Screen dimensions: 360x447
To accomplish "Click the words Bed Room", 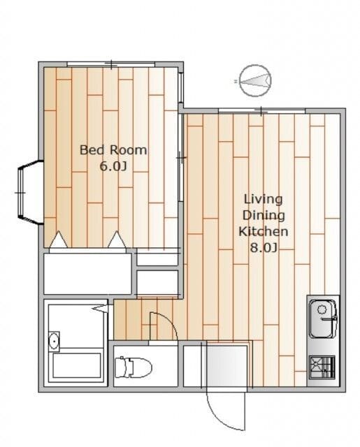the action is point(113,150).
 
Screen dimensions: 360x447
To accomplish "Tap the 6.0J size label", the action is point(113,166).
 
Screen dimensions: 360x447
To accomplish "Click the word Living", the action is point(264,199).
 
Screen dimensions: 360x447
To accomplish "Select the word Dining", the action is point(264,216).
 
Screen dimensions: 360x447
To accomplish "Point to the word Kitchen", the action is point(264,231).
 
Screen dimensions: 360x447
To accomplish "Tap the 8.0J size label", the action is point(264,247).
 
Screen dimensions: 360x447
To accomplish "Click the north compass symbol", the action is point(255,81).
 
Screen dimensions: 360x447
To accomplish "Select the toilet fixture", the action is point(134,366).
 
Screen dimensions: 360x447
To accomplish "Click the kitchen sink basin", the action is point(323,318).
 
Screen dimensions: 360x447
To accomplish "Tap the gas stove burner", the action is point(322,367).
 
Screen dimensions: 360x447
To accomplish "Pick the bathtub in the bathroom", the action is point(77,366).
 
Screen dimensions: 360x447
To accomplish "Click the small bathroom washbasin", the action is point(54,341).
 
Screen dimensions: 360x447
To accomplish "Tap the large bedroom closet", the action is point(87,273).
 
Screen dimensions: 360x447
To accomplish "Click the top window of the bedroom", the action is point(111,64).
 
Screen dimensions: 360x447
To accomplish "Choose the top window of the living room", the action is point(261,111).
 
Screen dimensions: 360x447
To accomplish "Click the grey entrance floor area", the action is point(226,366).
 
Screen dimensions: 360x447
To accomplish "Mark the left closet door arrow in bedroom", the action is point(59,240).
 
